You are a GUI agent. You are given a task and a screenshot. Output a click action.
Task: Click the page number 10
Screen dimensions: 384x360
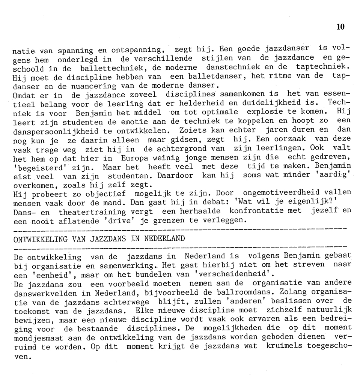pyautogui.click(x=340, y=26)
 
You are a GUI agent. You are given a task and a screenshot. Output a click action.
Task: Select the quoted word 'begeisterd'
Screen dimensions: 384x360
pyautogui.click(x=39, y=166)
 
